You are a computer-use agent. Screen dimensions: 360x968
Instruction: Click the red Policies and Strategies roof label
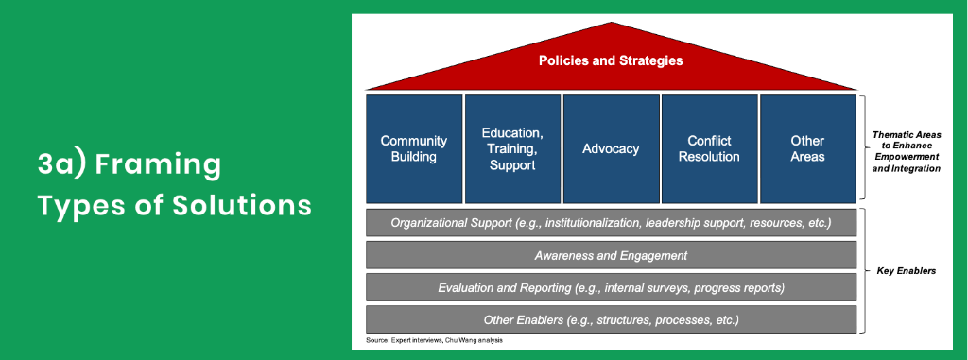(x=611, y=60)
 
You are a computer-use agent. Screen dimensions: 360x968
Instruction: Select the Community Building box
(x=414, y=148)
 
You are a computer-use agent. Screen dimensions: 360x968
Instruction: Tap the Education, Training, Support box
(x=512, y=148)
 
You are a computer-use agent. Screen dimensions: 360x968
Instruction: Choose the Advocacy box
(x=611, y=148)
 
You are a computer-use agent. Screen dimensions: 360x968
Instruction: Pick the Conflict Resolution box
(x=709, y=148)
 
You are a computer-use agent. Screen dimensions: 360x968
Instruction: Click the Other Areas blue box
(x=807, y=148)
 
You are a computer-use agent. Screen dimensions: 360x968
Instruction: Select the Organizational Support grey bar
(x=611, y=223)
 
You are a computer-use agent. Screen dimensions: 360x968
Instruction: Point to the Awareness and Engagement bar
(x=611, y=255)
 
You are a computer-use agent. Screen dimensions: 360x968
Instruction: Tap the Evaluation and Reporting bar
(x=611, y=287)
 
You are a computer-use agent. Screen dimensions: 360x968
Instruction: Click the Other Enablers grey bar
(x=611, y=319)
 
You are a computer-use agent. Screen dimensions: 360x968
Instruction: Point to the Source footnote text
(x=434, y=340)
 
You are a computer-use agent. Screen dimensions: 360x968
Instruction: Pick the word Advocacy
(x=611, y=148)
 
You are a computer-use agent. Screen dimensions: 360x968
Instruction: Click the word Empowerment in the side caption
(x=907, y=158)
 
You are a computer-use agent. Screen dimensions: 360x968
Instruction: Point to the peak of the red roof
(x=612, y=24)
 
